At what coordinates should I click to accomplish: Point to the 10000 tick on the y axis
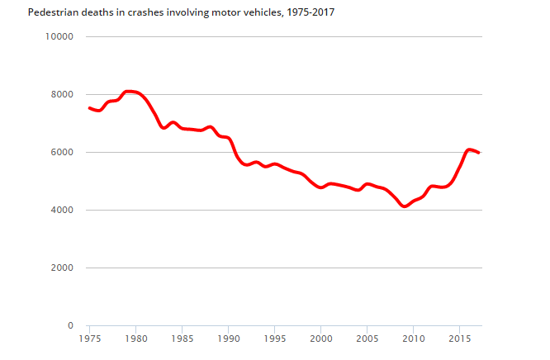[x=59, y=36]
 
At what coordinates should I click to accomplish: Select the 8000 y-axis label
[x=62, y=94]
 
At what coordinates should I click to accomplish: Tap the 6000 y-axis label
[x=62, y=152]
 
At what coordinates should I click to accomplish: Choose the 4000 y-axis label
[x=62, y=210]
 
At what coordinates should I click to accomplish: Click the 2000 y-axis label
[x=62, y=268]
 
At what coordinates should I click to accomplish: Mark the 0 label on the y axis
[x=71, y=325]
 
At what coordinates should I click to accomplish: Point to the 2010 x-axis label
[x=413, y=339]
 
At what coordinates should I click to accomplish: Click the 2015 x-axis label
[x=459, y=339]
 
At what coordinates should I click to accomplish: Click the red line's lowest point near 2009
[x=404, y=206]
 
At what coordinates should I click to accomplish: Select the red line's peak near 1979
[x=127, y=91]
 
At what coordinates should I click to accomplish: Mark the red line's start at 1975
[x=89, y=108]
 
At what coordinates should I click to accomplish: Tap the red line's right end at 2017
[x=478, y=153]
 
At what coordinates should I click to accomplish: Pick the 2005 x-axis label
[x=367, y=339]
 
